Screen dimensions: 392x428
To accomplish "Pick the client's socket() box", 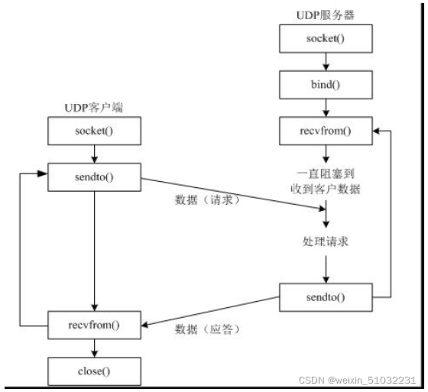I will pyautogui.click(x=95, y=131).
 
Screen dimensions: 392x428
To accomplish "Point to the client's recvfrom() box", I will pyautogui.click(x=95, y=326).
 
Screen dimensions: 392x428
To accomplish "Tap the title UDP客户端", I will pyautogui.click(x=94, y=109).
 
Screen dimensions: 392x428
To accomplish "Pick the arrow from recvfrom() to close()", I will pyautogui.click(x=95, y=348).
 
